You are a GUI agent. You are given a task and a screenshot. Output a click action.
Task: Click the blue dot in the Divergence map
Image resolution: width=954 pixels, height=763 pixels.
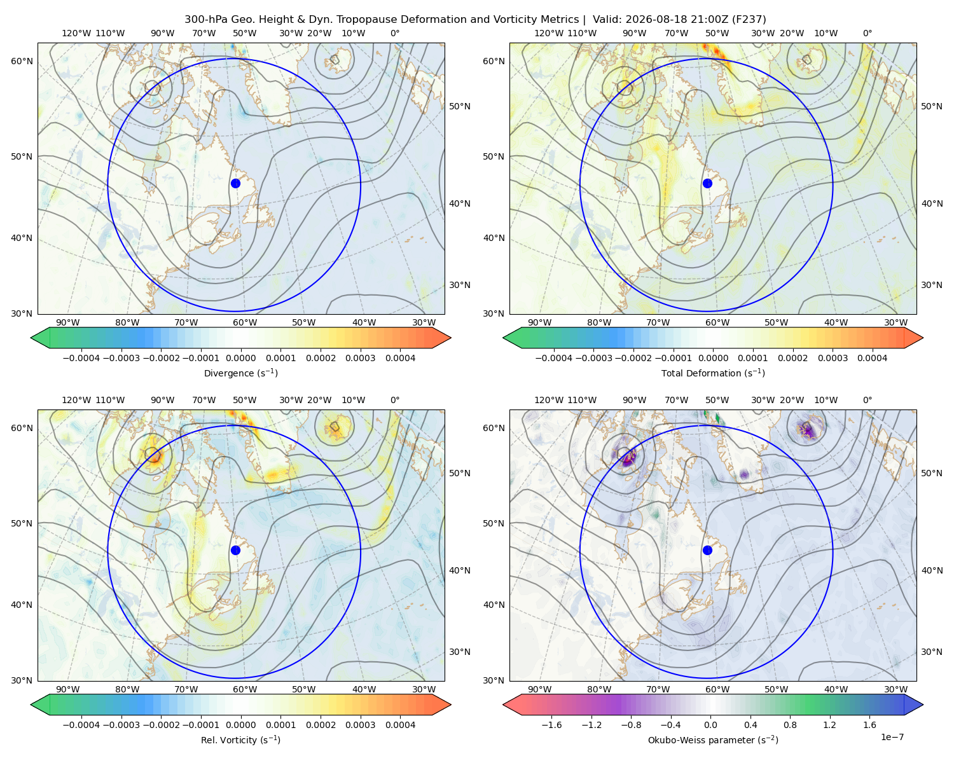pyautogui.click(x=235, y=183)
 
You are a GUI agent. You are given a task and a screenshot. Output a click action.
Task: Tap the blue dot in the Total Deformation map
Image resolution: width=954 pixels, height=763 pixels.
pyautogui.click(x=707, y=183)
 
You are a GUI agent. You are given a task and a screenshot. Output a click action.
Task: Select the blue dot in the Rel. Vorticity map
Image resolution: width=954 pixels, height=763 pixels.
pyautogui.click(x=235, y=550)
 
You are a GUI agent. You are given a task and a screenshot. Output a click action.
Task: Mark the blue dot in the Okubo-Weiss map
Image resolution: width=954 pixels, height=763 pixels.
pyautogui.click(x=707, y=550)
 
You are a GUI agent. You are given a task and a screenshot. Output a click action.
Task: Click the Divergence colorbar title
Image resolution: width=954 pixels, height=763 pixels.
pyautogui.click(x=240, y=373)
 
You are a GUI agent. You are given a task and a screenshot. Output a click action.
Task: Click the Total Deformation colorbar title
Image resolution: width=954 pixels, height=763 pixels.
pyautogui.click(x=713, y=373)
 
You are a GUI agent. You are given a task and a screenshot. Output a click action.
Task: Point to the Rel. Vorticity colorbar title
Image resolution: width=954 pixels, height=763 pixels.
pyautogui.click(x=240, y=740)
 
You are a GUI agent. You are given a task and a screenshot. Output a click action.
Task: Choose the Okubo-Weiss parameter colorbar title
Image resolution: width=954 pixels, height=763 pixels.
pyautogui.click(x=713, y=740)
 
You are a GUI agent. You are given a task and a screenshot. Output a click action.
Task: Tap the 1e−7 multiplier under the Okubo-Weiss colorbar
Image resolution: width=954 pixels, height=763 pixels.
pyautogui.click(x=892, y=737)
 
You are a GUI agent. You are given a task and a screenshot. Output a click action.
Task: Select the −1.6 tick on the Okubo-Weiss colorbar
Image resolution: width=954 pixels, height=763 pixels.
pyautogui.click(x=551, y=725)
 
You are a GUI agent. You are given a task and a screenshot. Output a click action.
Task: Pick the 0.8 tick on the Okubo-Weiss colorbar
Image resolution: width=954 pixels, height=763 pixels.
pyautogui.click(x=790, y=725)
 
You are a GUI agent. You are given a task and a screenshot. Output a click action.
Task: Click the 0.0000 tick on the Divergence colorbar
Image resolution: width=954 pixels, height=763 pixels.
pyautogui.click(x=240, y=358)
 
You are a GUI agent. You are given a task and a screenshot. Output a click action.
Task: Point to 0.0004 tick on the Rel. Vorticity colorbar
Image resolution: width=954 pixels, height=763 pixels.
pyautogui.click(x=400, y=725)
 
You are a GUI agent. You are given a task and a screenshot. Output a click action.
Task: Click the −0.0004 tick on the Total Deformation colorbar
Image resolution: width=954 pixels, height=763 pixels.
pyautogui.click(x=554, y=358)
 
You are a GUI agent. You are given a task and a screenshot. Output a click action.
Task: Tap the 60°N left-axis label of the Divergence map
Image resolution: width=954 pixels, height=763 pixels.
pyautogui.click(x=22, y=61)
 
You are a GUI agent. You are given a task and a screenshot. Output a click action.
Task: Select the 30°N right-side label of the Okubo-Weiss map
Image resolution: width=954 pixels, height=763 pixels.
pyautogui.click(x=931, y=652)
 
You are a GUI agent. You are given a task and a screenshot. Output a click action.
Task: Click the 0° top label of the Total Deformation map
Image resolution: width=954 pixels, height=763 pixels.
pyautogui.click(x=867, y=33)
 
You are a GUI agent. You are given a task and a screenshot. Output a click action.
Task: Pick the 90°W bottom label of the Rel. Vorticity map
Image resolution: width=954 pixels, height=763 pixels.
pyautogui.click(x=68, y=689)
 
